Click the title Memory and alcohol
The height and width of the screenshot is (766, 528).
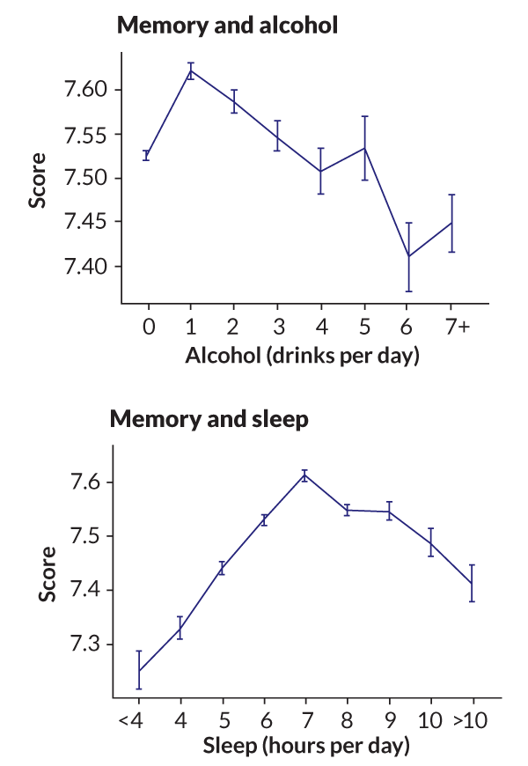(227, 26)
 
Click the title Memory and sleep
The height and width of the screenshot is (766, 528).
(209, 419)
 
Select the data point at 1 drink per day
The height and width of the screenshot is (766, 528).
(191, 70)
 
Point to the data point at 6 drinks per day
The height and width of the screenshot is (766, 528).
(408, 256)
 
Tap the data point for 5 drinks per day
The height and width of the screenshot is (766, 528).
(365, 148)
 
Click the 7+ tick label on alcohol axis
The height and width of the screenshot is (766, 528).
(457, 327)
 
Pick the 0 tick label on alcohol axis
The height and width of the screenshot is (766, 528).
(148, 327)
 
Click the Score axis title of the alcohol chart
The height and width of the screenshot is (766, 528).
(38, 179)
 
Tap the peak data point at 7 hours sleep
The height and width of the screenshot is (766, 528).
(304, 475)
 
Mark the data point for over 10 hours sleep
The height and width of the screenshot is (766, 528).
(472, 583)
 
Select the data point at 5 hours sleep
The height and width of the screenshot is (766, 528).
(222, 568)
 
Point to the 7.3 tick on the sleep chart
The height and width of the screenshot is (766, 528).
(89, 644)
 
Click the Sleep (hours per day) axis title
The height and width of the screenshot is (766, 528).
(307, 748)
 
